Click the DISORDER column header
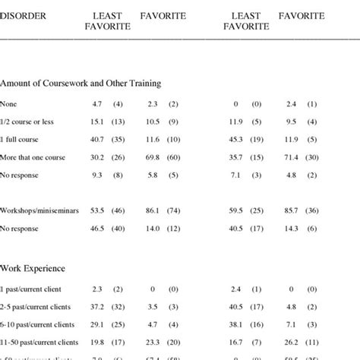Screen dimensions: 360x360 23,15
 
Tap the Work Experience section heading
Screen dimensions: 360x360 32,267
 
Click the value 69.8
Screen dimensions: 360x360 152,157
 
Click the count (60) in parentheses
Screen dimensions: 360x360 175,157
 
